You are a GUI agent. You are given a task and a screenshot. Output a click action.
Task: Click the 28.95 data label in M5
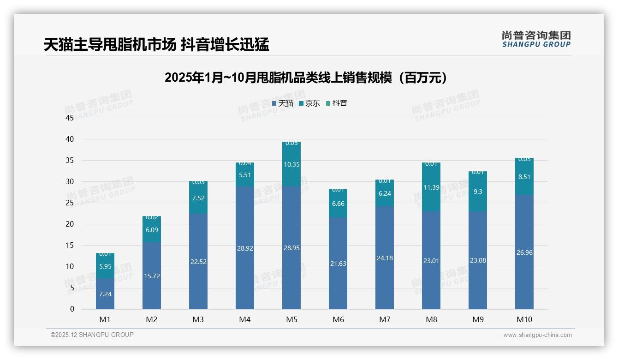coord(291,248)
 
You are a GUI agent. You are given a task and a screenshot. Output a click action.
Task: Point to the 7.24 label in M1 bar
coord(105,294)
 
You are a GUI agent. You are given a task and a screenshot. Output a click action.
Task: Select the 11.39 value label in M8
coord(431,187)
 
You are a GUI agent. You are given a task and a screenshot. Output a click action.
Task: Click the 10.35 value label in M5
coord(291,164)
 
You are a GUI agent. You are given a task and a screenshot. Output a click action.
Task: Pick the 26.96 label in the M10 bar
coord(524,252)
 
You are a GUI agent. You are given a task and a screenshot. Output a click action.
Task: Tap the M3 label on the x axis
coord(198,319)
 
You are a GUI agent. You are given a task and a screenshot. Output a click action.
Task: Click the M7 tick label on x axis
coord(385,319)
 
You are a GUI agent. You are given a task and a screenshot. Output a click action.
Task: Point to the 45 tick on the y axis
coord(70,118)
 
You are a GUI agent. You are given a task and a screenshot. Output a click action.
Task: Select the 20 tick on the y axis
coord(70,224)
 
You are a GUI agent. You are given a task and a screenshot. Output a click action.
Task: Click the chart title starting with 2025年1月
coord(306,78)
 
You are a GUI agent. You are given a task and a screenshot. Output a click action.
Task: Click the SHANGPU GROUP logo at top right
coord(536,39)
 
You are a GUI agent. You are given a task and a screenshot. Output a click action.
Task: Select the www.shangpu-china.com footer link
coord(537,335)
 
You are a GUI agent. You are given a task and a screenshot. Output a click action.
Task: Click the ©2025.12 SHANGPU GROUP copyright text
coord(92,335)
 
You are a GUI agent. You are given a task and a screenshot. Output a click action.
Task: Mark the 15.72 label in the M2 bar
coord(152,276)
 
